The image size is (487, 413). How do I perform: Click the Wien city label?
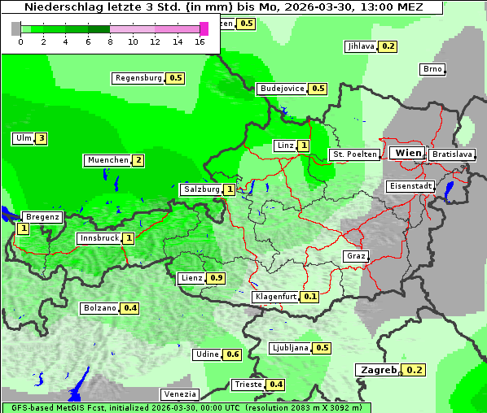tap(407, 153)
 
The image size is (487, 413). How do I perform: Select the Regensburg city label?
tap(138, 78)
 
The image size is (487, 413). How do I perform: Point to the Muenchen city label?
tap(107, 160)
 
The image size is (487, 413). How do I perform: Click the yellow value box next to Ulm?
tap(41, 138)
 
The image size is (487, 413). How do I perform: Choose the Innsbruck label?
tap(98, 238)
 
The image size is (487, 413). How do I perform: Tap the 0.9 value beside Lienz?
tap(216, 278)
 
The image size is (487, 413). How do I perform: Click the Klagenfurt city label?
tap(274, 297)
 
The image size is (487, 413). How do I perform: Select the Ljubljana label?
tap(289, 348)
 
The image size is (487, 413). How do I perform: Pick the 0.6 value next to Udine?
tap(233, 354)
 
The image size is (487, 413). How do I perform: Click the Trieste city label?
tap(248, 385)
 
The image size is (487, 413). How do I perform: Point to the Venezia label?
tap(179, 394)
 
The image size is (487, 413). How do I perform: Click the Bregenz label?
tap(42, 217)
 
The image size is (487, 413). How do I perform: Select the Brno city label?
tap(432, 69)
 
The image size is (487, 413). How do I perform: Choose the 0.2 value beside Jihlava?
tap(388, 46)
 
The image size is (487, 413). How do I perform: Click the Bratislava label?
tap(451, 154)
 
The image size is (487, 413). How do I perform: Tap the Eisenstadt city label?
tap(409, 186)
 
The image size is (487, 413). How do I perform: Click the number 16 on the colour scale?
tap(200, 41)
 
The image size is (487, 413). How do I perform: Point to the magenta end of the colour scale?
tap(204, 28)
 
